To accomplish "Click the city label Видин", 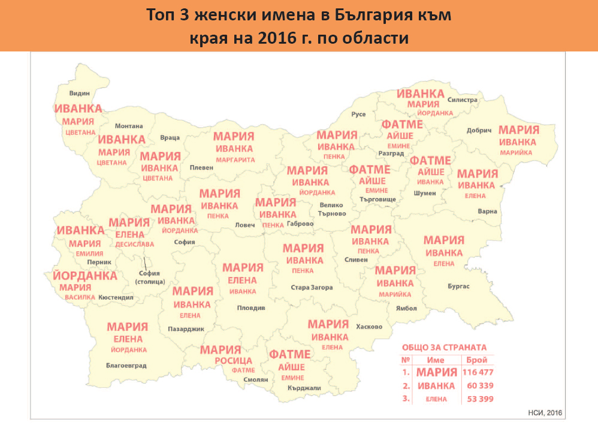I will click(x=79, y=94).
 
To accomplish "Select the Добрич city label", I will click(x=478, y=130).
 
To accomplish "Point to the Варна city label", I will click(x=487, y=211).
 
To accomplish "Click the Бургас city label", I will click(x=458, y=287).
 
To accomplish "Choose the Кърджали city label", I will click(x=304, y=388).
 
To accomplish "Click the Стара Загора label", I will click(x=312, y=287).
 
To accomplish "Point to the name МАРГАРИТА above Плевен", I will click(x=235, y=160).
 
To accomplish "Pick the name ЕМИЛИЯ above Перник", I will click(x=86, y=253).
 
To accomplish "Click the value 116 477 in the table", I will click(x=477, y=372).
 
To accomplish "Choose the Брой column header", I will click(x=477, y=360).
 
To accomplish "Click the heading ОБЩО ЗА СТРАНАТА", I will click(x=444, y=347).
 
